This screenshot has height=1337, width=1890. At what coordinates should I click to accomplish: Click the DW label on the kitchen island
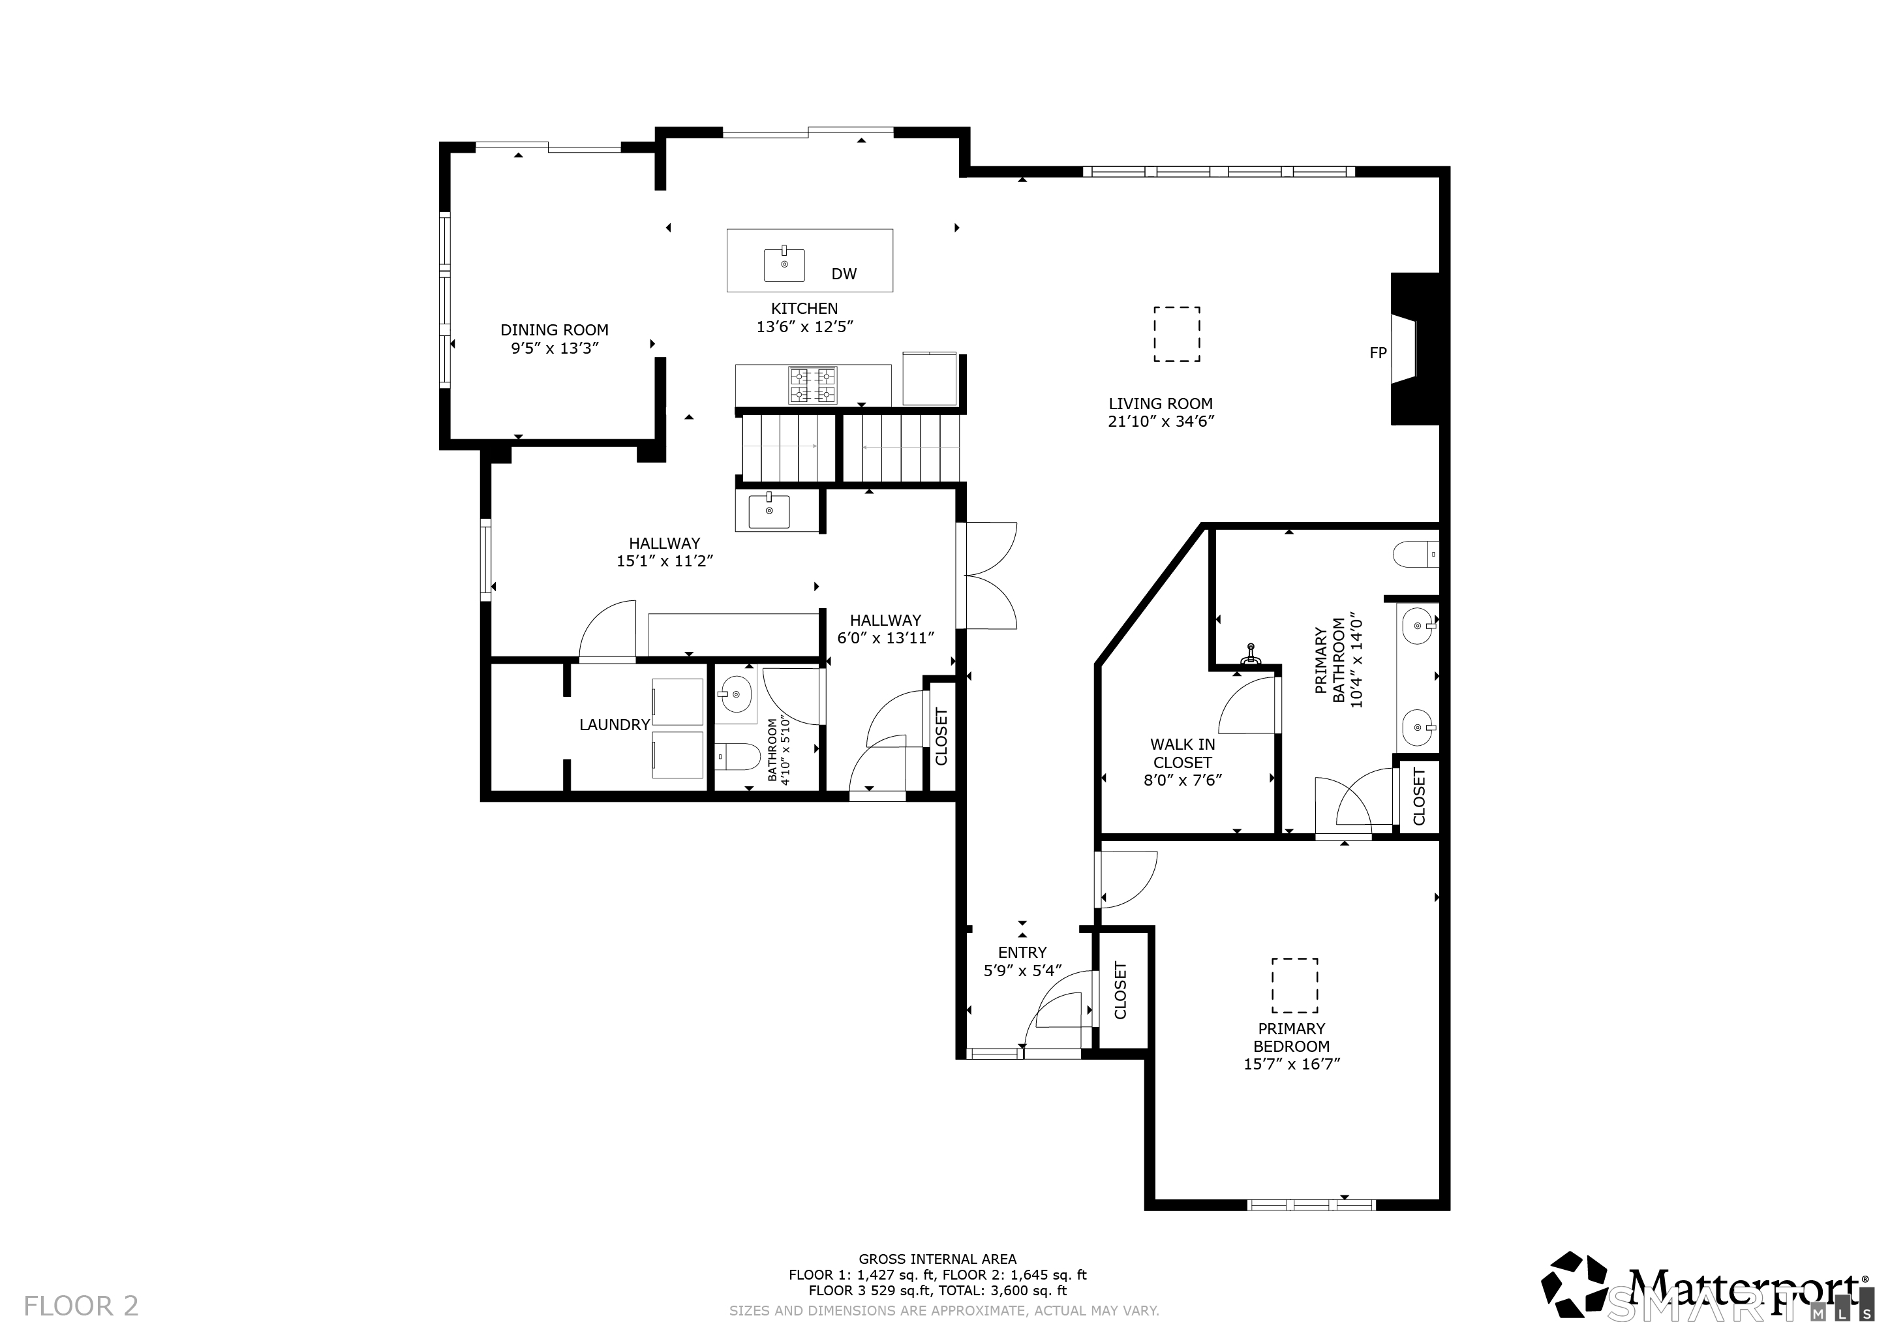click(x=844, y=274)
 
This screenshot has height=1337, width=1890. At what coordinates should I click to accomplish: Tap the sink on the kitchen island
click(x=784, y=264)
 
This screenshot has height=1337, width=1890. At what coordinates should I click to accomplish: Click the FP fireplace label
click(x=1378, y=353)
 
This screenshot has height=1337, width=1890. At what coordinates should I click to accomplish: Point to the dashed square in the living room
click(x=1177, y=334)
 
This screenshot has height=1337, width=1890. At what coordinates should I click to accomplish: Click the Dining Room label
click(x=554, y=330)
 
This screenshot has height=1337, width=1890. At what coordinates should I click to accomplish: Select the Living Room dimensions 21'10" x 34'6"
click(x=1161, y=422)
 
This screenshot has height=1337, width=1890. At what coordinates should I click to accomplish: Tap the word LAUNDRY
click(x=615, y=724)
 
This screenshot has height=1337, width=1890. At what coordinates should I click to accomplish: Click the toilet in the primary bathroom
click(x=1416, y=554)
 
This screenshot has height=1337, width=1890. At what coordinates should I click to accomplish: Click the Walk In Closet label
click(x=1183, y=753)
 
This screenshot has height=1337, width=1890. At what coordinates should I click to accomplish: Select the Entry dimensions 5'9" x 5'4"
click(x=1023, y=971)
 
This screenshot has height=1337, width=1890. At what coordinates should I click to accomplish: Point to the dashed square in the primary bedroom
click(x=1295, y=985)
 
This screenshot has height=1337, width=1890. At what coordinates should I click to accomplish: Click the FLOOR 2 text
click(x=81, y=1306)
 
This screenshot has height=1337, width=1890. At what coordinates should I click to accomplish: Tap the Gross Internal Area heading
click(x=937, y=1259)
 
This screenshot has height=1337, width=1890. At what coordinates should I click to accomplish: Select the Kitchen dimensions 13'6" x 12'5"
click(x=805, y=327)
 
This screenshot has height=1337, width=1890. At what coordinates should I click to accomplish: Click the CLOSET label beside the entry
click(x=1120, y=990)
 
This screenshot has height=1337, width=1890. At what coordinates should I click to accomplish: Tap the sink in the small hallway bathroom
click(x=735, y=696)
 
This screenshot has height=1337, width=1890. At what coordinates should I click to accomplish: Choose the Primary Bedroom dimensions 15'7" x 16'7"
click(x=1292, y=1064)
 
